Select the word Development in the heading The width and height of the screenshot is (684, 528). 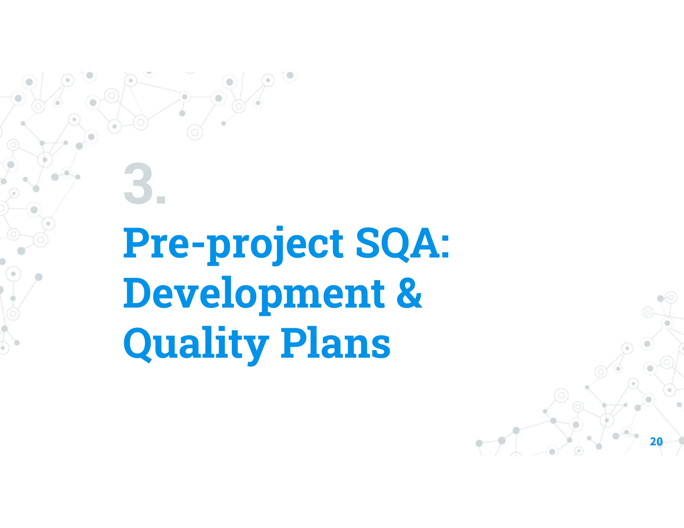pos(254,294)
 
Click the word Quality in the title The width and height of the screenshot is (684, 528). pos(196,344)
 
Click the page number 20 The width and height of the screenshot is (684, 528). pos(656,442)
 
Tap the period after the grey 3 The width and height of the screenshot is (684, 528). pos(161,200)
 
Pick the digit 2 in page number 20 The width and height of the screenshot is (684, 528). pos(653,442)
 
